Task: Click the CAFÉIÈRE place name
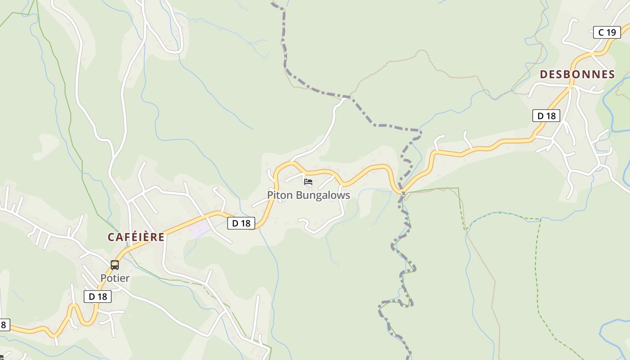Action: click(136, 237)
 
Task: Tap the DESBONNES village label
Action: click(577, 75)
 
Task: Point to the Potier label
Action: click(115, 278)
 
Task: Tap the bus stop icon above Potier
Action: click(115, 265)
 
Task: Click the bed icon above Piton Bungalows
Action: click(308, 182)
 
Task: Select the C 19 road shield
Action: click(607, 32)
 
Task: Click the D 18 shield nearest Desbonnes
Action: click(546, 116)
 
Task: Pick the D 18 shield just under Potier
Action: click(98, 296)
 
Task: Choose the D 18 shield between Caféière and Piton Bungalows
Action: click(241, 223)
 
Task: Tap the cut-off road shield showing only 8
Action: click(3, 324)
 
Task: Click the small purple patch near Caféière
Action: click(200, 229)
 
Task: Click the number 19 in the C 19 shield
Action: click(611, 32)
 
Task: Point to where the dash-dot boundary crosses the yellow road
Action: click(400, 191)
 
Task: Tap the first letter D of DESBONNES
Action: click(544, 75)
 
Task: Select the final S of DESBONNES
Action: click(611, 75)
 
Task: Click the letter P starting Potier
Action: click(103, 278)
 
